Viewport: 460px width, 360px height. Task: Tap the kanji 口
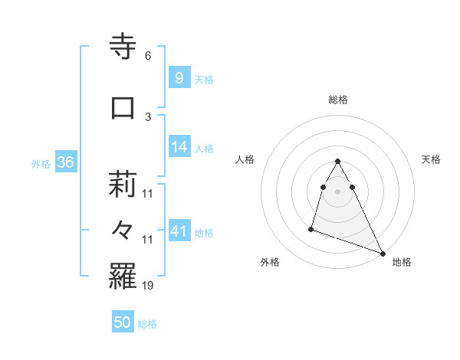coord(123,108)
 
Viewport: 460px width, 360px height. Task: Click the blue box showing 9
coord(179,77)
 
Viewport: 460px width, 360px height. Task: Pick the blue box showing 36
coord(65,162)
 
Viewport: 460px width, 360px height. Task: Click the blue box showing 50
coord(123,322)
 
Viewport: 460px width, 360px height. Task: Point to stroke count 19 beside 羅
coord(148,286)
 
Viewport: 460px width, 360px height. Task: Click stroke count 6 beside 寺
coord(148,56)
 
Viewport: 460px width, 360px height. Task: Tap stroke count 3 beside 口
coord(148,116)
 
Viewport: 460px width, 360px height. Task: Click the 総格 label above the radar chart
coord(338,100)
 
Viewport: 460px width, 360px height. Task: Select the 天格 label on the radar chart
coord(431,159)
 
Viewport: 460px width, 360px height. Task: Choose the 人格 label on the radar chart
coord(245,159)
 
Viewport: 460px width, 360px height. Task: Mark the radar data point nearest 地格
coord(383,253)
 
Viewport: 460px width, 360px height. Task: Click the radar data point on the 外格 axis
coord(311,228)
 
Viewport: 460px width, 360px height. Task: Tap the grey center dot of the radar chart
coord(338,191)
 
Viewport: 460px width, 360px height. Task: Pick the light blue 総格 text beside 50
coord(148,324)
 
